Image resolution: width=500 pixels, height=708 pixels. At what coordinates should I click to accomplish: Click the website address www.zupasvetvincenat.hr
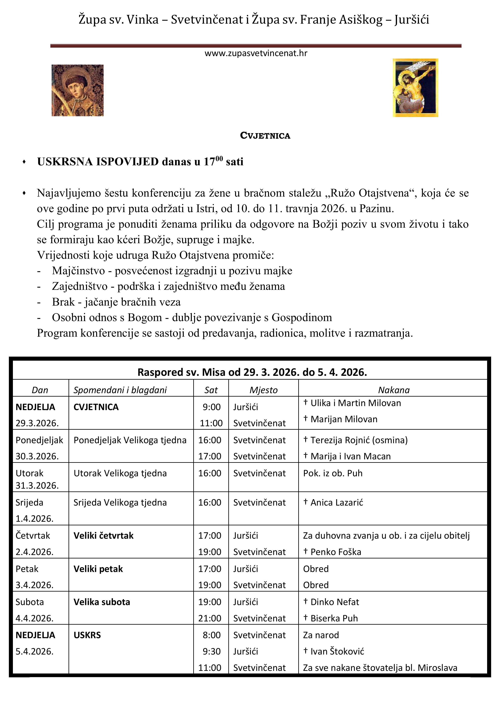(256, 53)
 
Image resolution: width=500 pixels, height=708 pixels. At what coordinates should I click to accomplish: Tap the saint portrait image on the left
(78, 90)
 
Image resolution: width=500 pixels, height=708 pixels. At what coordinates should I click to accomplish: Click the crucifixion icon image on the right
(415, 88)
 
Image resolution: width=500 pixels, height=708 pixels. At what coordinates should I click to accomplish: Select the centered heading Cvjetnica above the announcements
(265, 136)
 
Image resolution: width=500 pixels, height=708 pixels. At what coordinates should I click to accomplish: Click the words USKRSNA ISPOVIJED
(98, 162)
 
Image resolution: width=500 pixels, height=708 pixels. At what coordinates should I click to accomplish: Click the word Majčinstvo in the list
(79, 271)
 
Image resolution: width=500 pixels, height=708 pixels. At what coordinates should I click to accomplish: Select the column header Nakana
(394, 390)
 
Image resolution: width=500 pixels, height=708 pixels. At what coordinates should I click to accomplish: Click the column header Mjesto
(264, 390)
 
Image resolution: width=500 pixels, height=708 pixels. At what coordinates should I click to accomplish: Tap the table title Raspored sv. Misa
(252, 372)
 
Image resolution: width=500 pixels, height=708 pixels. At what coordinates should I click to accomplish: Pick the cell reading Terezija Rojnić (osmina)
(359, 440)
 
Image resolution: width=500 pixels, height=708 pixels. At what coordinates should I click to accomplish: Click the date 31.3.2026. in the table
(37, 485)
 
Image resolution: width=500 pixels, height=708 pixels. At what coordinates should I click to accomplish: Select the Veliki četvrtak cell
(103, 536)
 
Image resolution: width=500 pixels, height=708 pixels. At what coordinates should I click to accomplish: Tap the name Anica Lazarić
(337, 503)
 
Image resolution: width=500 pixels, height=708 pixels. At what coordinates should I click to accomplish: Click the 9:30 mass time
(212, 651)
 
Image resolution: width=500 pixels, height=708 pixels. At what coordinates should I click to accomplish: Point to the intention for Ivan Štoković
(337, 651)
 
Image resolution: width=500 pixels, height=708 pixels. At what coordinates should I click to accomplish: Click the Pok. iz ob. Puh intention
(333, 473)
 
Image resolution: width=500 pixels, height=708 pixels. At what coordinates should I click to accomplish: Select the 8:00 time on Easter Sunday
(212, 635)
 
